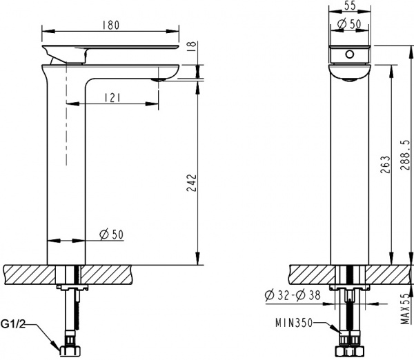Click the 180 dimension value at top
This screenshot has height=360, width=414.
pos(111,26)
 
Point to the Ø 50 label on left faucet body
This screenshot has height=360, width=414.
pos(111,234)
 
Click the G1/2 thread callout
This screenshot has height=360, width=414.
pos(15,323)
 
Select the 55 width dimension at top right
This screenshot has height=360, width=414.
pos(350,6)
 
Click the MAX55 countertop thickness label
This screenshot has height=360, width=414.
pos(405,308)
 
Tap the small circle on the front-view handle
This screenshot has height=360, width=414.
pos(350,53)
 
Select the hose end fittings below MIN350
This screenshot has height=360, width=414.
pos(351,346)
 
